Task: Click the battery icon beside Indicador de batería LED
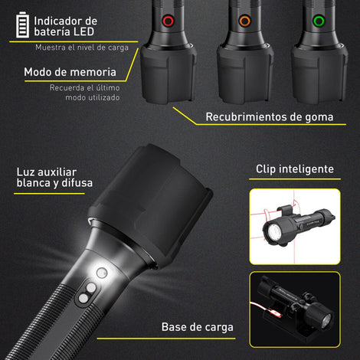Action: [22, 25]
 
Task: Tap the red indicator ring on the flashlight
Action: [169, 21]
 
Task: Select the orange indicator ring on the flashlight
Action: [245, 21]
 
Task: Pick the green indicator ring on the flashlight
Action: [319, 21]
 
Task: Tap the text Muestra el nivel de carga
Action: [82, 47]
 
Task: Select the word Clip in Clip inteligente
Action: [266, 169]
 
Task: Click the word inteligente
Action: [306, 169]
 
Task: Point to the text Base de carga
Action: [198, 327]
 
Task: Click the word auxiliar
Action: [57, 172]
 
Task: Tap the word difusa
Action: [77, 183]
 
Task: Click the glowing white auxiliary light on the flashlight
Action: [102, 273]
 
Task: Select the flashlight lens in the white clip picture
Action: [273, 232]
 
